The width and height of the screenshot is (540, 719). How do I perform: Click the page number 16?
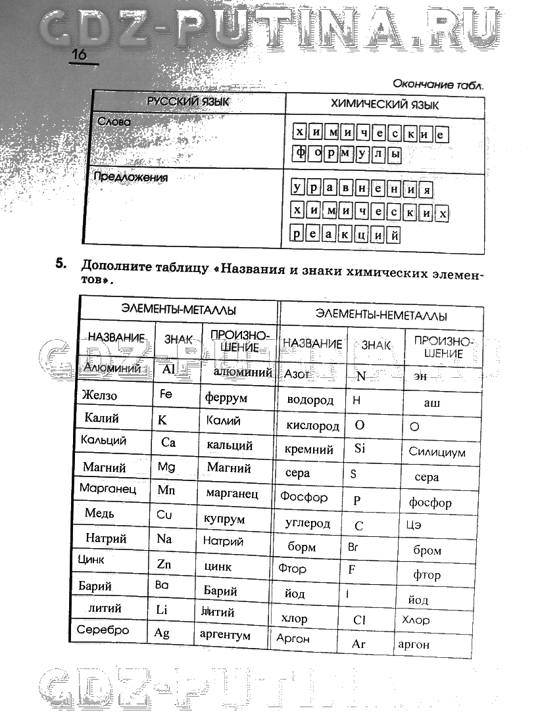[x=79, y=55]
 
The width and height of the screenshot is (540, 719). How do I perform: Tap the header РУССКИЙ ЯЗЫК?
[x=187, y=103]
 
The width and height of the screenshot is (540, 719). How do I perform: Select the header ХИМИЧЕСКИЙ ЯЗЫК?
[x=385, y=104]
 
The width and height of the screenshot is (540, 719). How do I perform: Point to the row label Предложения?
[x=130, y=177]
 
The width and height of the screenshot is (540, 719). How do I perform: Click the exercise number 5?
[x=61, y=264]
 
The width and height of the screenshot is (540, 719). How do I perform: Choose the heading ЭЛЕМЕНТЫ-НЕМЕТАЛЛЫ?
[x=381, y=315]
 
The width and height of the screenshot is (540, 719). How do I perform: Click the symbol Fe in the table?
[x=166, y=394]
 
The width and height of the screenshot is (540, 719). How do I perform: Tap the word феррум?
[x=226, y=398]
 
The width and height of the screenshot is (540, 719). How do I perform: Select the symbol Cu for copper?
[x=164, y=515]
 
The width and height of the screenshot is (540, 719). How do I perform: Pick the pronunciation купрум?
[x=224, y=519]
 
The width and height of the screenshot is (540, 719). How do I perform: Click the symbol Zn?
[x=164, y=564]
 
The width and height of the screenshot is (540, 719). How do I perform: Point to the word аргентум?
[x=225, y=636]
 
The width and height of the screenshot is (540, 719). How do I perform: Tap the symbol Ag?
[x=162, y=633]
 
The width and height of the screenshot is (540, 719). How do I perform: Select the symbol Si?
[x=359, y=449]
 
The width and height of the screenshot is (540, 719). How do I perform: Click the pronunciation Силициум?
[x=437, y=452]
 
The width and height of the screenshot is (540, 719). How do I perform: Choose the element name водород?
[x=310, y=400]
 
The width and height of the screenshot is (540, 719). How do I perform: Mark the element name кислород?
[x=312, y=425]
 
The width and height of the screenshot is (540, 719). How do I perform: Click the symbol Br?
[x=353, y=546]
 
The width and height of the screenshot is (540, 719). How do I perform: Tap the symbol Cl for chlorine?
[x=359, y=620]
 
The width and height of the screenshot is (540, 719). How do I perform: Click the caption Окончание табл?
[x=438, y=84]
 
